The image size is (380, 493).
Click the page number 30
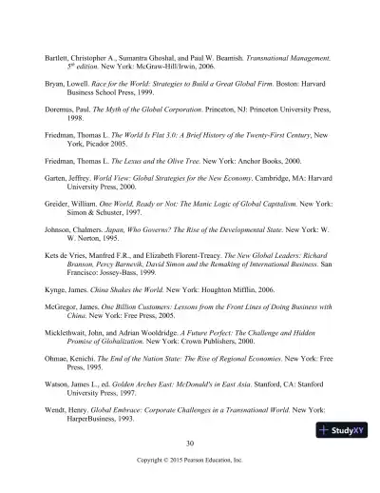click(x=190, y=444)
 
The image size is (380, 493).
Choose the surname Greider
click(x=58, y=231)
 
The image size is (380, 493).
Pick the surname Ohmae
click(x=58, y=392)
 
